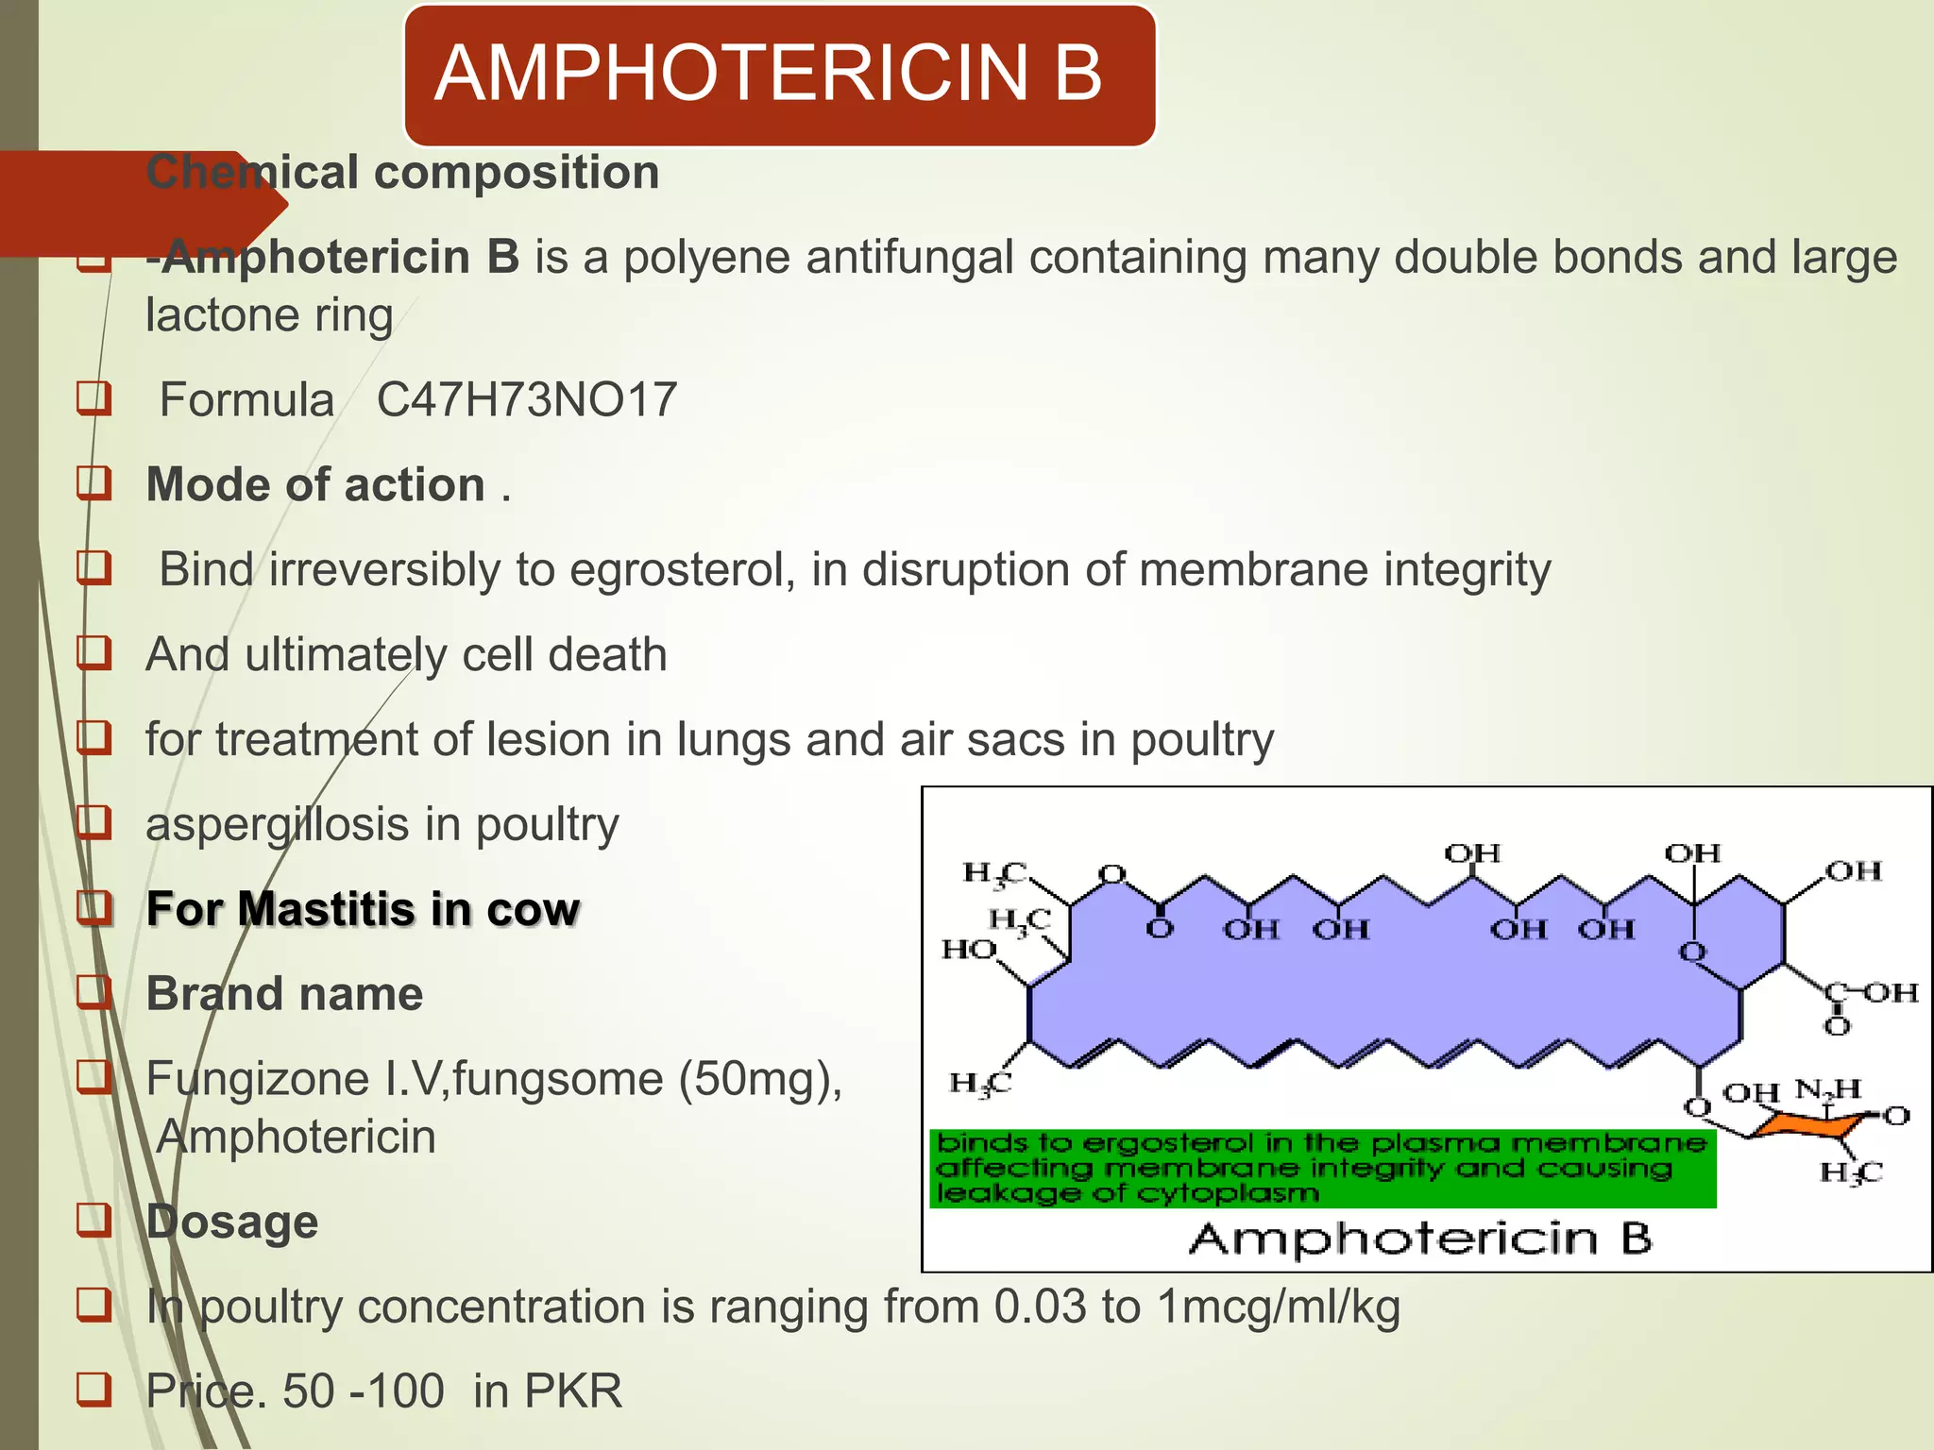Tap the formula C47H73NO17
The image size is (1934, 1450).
527,399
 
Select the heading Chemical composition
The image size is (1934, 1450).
402,173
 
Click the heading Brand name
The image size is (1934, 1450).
284,994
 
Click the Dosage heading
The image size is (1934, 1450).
232,1222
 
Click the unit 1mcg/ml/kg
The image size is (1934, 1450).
1278,1307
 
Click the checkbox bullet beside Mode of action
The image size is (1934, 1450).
94,484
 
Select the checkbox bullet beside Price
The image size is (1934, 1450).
94,1390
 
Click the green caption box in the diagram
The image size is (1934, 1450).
1322,1169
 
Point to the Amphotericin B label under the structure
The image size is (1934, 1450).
1420,1239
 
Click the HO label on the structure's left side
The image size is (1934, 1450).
969,949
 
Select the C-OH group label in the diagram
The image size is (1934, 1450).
1870,993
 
